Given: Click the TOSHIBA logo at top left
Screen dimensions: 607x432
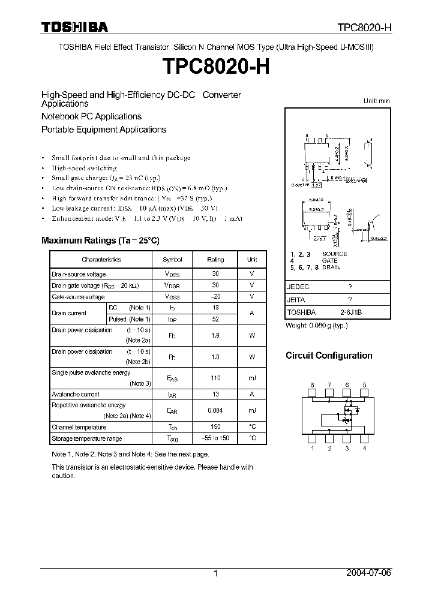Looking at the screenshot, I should pyautogui.click(x=74, y=27).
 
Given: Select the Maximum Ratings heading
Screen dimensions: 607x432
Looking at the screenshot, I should pyautogui.click(x=100, y=241).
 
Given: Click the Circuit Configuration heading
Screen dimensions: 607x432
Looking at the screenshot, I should pyautogui.click(x=329, y=356).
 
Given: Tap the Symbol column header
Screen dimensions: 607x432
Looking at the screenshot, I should pyautogui.click(x=172, y=260).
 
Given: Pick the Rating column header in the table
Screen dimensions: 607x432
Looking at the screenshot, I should pyautogui.click(x=215, y=260).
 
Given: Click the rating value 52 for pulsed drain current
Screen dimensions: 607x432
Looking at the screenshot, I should pyautogui.click(x=215, y=319).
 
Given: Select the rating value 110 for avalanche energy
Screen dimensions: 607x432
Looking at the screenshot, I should pyautogui.click(x=215, y=378).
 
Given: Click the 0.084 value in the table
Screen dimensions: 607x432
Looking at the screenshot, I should pyautogui.click(x=215, y=411).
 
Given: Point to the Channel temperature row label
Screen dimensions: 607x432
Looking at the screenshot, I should pyautogui.click(x=79, y=427).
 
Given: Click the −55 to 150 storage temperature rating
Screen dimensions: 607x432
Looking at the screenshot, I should pyautogui.click(x=215, y=438).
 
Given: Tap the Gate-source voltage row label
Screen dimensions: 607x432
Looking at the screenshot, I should pyautogui.click(x=78, y=297).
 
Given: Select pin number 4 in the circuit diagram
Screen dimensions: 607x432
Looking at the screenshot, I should pyautogui.click(x=364, y=448).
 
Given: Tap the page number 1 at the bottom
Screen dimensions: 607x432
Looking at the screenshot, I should pyautogui.click(x=215, y=573).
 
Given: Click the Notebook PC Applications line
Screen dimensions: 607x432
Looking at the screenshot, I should pyautogui.click(x=91, y=116).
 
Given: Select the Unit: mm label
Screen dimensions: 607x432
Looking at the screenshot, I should pyautogui.click(x=376, y=101).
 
